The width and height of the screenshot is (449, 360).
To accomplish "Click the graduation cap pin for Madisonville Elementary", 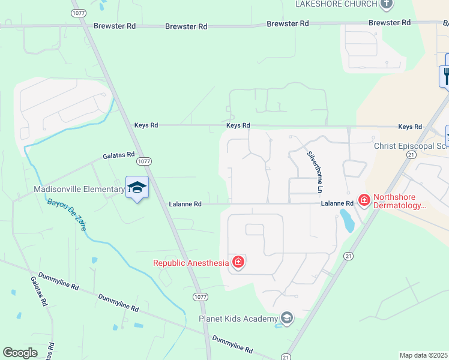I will [137, 188].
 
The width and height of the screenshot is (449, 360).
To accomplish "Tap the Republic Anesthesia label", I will [191, 263].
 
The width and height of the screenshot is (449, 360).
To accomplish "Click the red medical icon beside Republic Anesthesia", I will [238, 262].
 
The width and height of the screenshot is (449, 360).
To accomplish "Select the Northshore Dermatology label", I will [399, 201].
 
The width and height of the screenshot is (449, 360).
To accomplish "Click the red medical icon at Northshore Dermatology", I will [363, 199].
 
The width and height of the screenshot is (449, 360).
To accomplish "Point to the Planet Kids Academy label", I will [238, 319].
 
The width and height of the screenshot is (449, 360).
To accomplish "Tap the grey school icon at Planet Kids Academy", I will [287, 318].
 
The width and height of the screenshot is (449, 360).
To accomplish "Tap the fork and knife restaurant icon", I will [446, 75].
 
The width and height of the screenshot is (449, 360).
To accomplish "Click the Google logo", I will [20, 353].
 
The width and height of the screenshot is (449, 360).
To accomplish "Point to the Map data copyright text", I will [423, 355].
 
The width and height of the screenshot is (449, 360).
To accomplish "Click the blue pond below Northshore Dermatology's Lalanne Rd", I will [347, 221].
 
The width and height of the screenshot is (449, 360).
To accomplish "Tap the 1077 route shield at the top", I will [77, 12].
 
